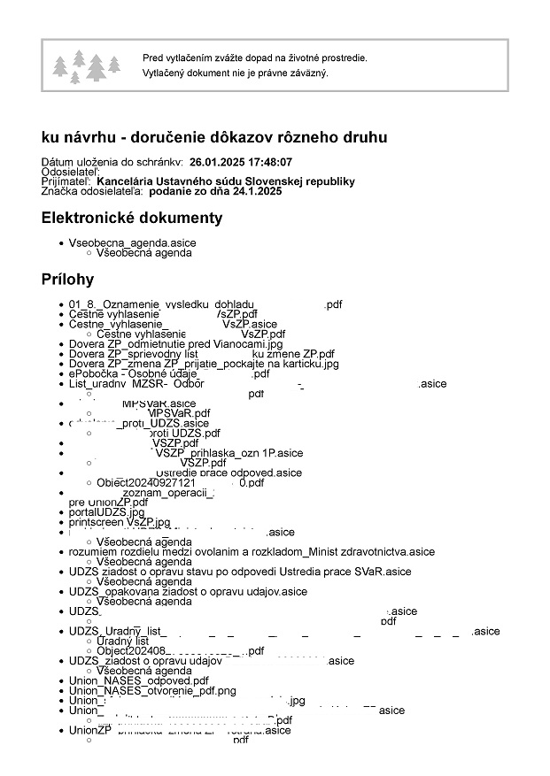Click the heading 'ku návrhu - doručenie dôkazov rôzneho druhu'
tap(213, 137)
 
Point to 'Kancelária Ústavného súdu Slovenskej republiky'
tap(233, 181)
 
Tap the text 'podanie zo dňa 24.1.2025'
tap(215, 191)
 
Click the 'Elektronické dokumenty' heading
tap(132, 218)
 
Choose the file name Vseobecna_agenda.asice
tap(132, 242)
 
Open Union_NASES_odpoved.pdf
tap(139, 680)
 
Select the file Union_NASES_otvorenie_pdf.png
tap(152, 690)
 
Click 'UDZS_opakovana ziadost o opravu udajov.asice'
tap(188, 591)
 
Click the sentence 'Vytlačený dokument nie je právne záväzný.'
tap(236, 73)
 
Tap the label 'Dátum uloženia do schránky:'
tap(112, 163)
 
